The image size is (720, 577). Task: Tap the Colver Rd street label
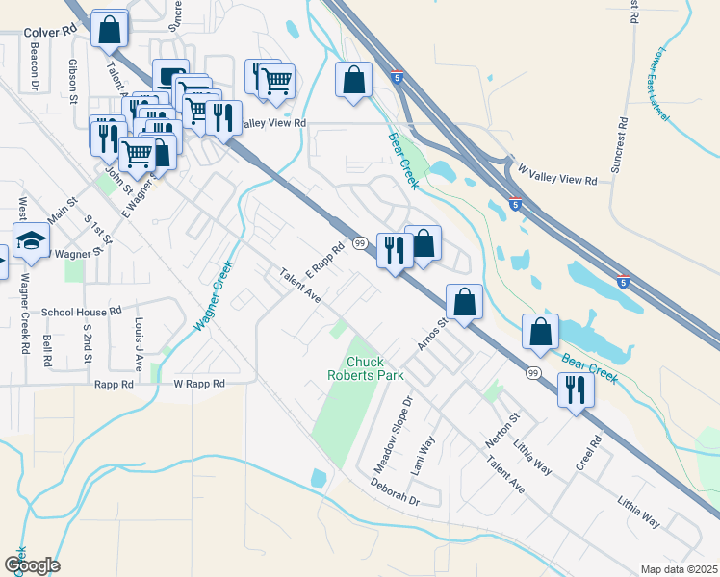tap(49, 31)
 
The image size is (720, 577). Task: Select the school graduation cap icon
tap(31, 242)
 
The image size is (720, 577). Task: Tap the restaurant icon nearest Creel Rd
tap(576, 390)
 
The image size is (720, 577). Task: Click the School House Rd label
tap(81, 312)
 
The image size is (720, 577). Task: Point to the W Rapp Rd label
tap(198, 384)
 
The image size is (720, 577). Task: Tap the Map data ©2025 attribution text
tap(679, 569)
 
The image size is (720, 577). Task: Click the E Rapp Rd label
tap(324, 261)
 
